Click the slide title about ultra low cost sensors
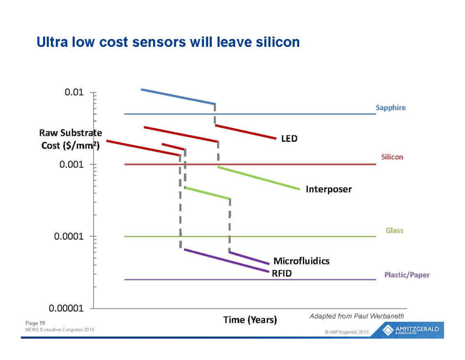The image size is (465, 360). point(168,42)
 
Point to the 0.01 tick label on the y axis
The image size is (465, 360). point(74,93)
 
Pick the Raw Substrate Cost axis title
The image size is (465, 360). point(70,139)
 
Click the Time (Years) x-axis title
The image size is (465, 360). point(250,320)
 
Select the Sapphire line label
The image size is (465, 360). point(391,108)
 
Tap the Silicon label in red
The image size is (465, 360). point(392,157)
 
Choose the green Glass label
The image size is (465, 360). point(394,230)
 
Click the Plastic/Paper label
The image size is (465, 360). point(407,275)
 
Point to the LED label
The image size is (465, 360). point(289,138)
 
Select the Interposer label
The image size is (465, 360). point(328,189)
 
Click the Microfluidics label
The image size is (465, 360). point(301,261)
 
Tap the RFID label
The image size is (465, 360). point(282,273)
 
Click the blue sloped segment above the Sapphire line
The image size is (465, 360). point(178,96)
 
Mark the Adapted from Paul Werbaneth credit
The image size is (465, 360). point(356,316)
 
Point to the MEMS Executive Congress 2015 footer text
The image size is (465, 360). point(59,330)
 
